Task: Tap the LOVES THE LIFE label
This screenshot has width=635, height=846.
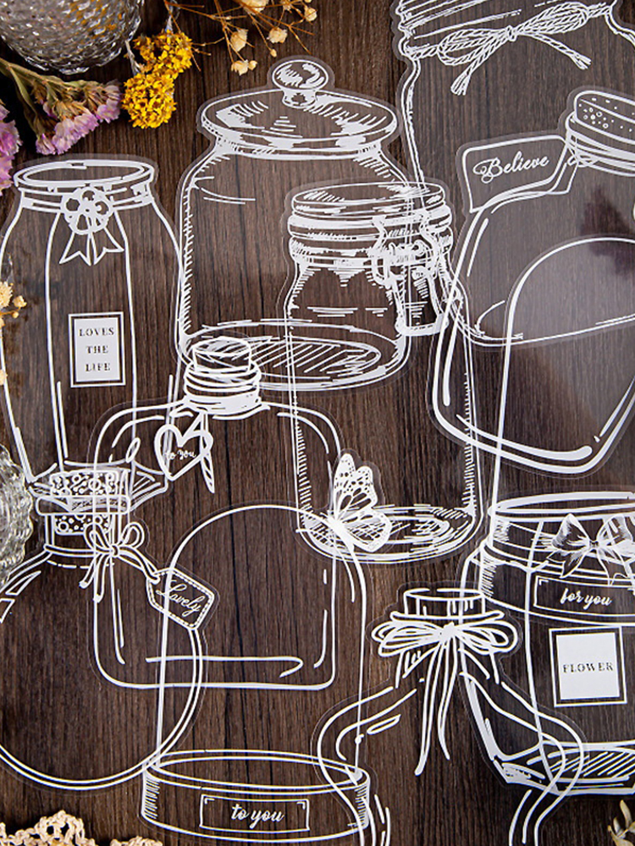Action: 97,349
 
